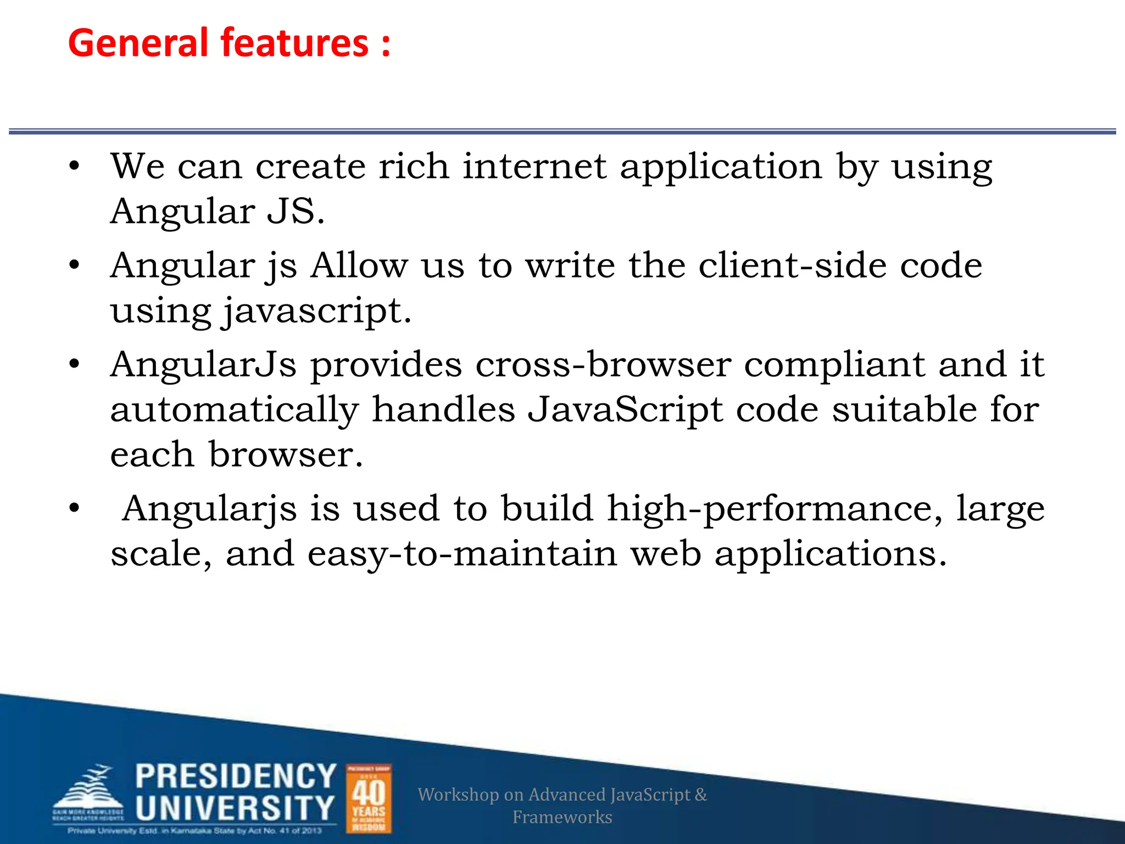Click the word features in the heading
pos(294,43)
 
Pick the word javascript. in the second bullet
pos(317,312)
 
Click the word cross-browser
pos(603,365)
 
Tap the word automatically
pos(235,410)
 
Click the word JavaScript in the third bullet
pos(625,410)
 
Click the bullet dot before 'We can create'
pos(75,166)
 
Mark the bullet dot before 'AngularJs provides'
pos(75,365)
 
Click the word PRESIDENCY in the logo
pos(236,776)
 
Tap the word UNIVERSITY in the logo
pos(235,808)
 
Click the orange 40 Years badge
pos(369,799)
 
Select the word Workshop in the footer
pos(458,795)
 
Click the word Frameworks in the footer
pos(562,817)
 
